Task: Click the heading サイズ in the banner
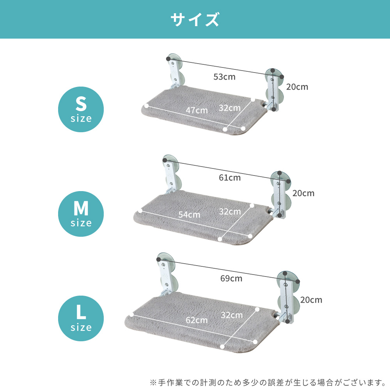pyautogui.click(x=195, y=19)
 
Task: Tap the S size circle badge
pyautogui.click(x=81, y=110)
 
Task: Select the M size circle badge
pyautogui.click(x=81, y=214)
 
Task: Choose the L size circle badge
pyautogui.click(x=81, y=318)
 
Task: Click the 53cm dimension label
pyautogui.click(x=224, y=77)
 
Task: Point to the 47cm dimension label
pyautogui.click(x=197, y=110)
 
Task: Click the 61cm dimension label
pyautogui.click(x=230, y=178)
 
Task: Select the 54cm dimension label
pyautogui.click(x=189, y=214)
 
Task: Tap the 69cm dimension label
pyautogui.click(x=231, y=278)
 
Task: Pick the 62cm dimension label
pyautogui.click(x=197, y=320)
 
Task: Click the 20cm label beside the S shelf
pyautogui.click(x=297, y=87)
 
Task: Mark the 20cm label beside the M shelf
pyautogui.click(x=303, y=193)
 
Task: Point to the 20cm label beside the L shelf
pyautogui.click(x=311, y=300)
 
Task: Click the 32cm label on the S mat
pyautogui.click(x=230, y=108)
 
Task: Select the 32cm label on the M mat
pyautogui.click(x=230, y=212)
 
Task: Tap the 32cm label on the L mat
pyautogui.click(x=232, y=315)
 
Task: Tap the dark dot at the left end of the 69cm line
pyautogui.click(x=158, y=259)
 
